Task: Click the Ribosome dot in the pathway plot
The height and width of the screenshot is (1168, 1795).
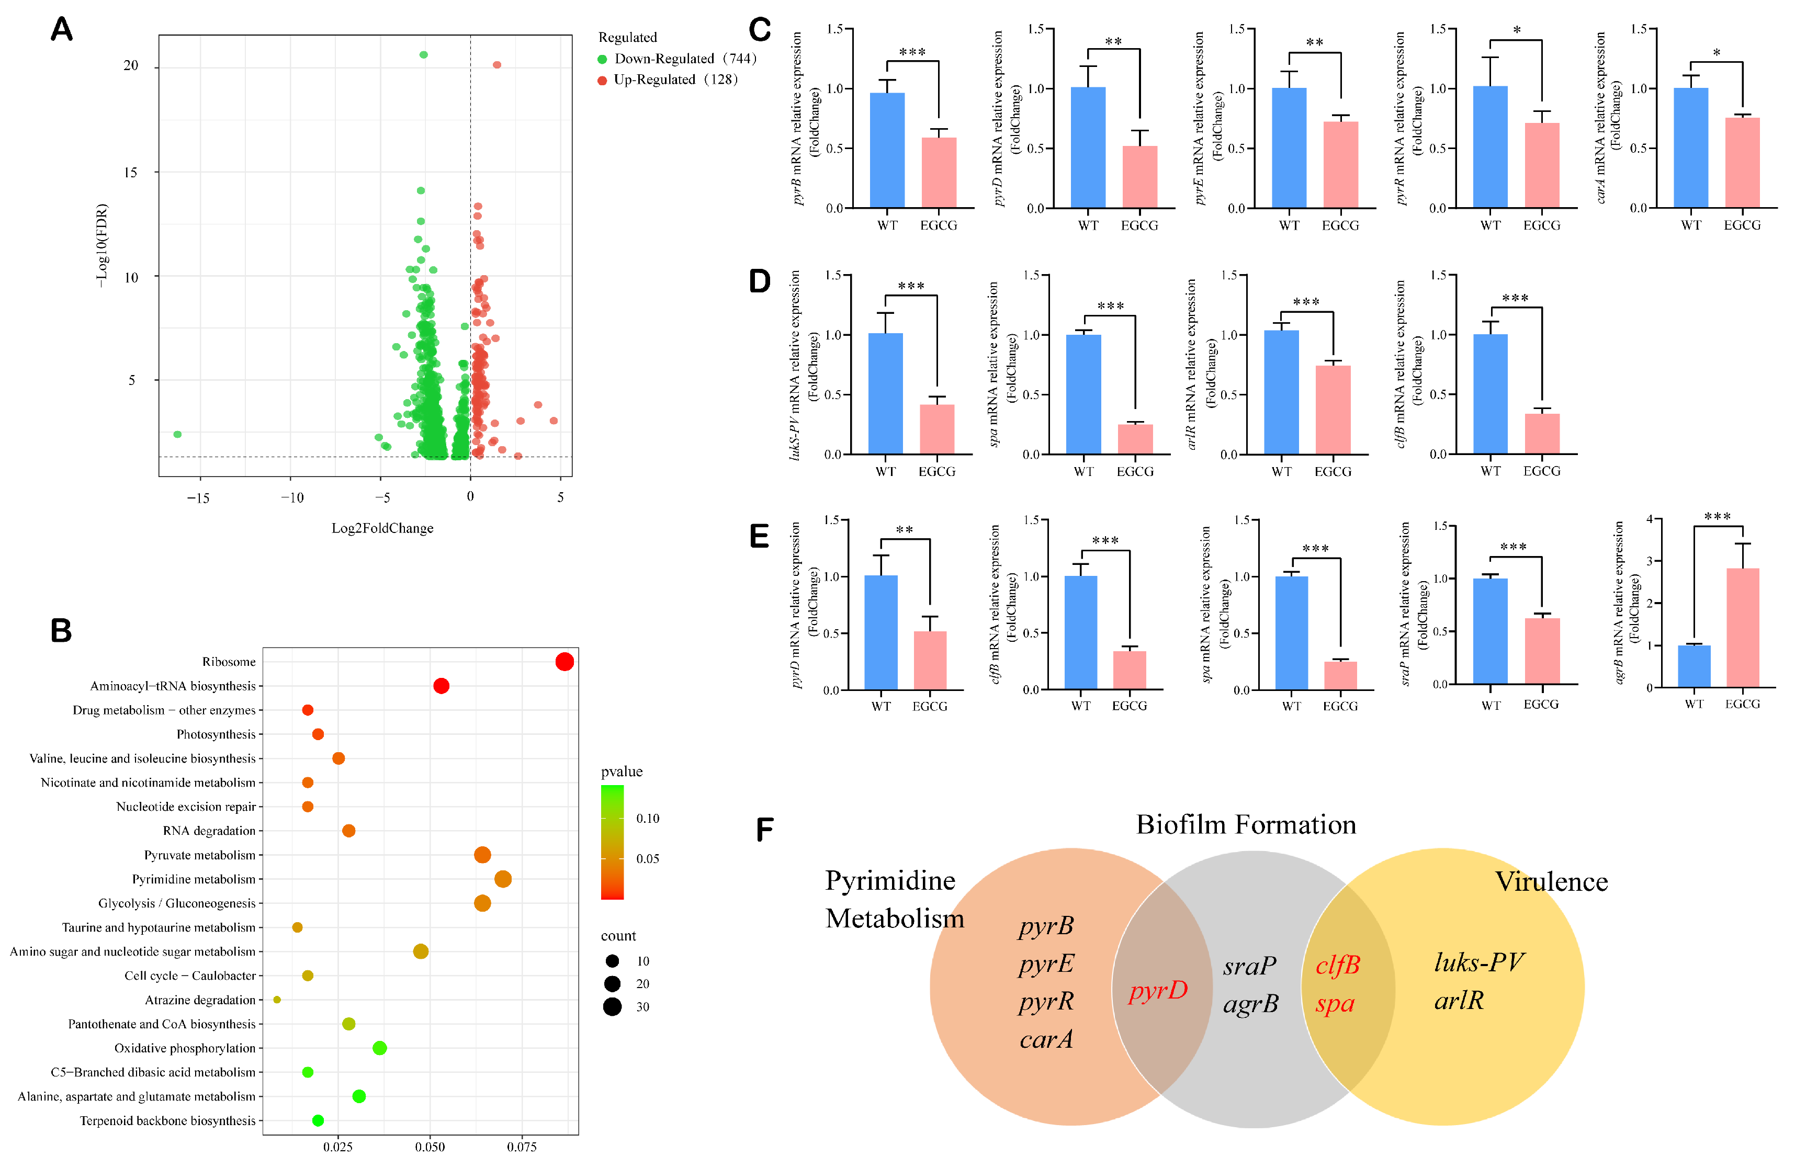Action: click(564, 661)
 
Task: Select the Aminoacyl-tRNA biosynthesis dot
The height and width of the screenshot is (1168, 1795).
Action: click(441, 685)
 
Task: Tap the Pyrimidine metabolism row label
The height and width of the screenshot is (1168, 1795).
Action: click(194, 879)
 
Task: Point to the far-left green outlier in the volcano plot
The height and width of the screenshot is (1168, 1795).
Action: click(177, 434)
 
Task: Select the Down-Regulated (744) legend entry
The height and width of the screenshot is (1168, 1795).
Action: click(676, 59)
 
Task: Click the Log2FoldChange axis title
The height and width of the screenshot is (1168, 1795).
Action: click(382, 528)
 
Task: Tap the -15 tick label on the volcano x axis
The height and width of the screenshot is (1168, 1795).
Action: click(198, 497)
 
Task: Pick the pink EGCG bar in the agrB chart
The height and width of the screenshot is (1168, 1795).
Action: click(1742, 627)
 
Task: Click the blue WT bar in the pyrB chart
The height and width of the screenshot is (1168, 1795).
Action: click(887, 150)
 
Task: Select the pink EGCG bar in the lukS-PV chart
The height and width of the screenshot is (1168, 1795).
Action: click(936, 429)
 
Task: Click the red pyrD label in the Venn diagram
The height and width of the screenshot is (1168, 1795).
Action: click(1158, 990)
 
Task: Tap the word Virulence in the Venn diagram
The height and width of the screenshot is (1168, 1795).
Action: click(1551, 881)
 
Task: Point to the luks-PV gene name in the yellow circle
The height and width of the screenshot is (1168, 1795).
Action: click(1479, 962)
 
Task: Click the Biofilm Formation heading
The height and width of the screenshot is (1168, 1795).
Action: click(1246, 824)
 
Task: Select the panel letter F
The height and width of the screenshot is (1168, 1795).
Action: click(765, 830)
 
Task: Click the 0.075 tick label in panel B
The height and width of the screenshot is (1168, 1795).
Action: click(521, 1147)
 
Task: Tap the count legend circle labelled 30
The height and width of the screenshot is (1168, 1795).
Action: click(613, 1007)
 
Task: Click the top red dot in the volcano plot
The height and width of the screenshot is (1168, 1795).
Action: click(497, 65)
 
